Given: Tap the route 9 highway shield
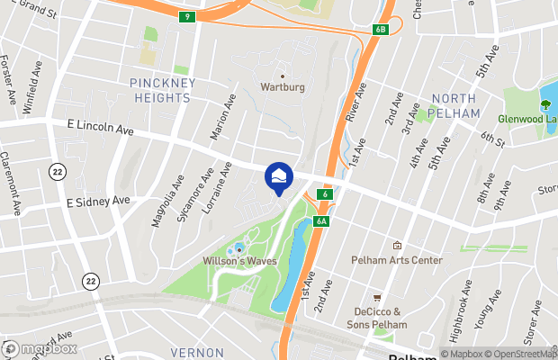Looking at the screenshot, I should coord(186,16).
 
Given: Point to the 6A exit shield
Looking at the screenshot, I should coord(322,221).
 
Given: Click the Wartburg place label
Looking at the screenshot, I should coord(282,88).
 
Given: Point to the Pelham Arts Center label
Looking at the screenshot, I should coord(396,260).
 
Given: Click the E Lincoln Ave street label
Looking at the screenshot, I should coord(100,130).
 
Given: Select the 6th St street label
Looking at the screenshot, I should coord(492,139).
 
